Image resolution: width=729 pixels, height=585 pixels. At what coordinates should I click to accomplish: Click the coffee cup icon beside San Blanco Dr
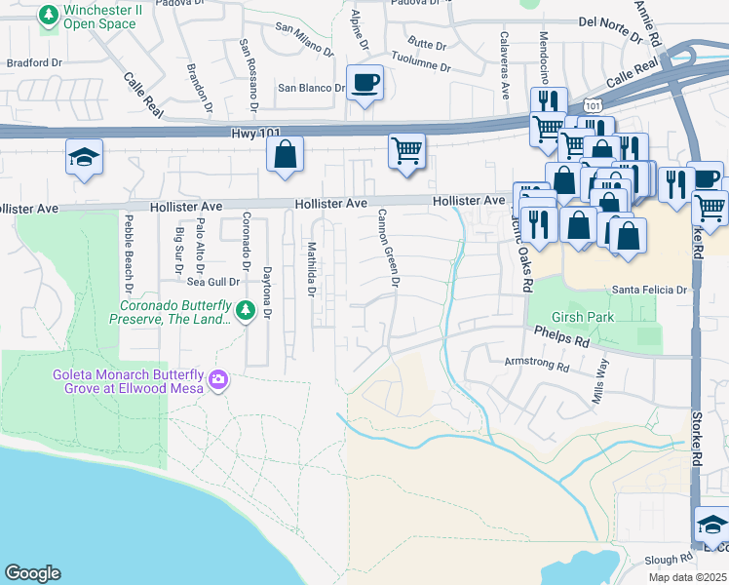365,82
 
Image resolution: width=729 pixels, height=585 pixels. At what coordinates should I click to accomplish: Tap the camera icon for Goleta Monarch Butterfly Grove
218,378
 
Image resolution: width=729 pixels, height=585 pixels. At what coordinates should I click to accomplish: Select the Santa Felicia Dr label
649,290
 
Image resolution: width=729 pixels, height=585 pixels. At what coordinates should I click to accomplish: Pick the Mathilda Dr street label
311,267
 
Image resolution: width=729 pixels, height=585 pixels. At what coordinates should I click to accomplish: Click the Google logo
33,573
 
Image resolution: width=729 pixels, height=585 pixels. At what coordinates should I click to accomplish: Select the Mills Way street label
601,381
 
